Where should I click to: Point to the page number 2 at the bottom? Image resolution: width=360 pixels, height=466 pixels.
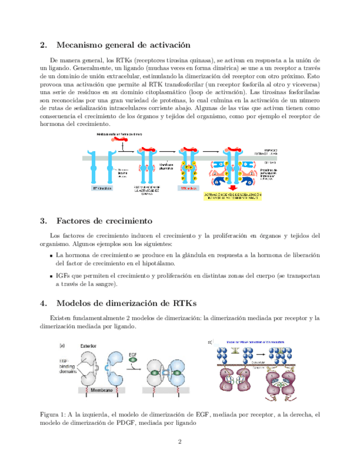pyautogui.click(x=179, y=442)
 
